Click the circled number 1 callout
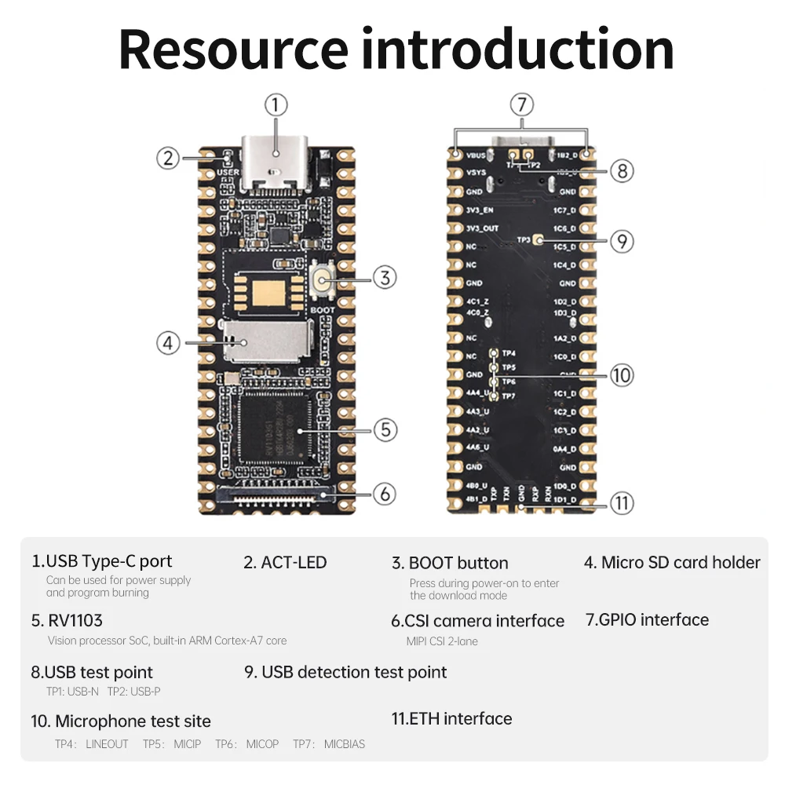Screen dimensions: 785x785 [x=276, y=104]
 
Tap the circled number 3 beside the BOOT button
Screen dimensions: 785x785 [x=385, y=277]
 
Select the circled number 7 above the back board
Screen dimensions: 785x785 [x=521, y=104]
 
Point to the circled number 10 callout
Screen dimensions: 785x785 [x=621, y=375]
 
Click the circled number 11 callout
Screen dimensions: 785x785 [x=621, y=503]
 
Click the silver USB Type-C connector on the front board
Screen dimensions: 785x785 [x=274, y=164]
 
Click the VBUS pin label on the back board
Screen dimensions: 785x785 [x=476, y=155]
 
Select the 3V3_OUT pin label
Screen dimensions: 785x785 [x=482, y=228]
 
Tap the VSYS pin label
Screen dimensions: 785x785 [x=476, y=173]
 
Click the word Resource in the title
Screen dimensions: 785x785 [x=233, y=49]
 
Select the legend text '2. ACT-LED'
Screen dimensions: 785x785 [x=285, y=562]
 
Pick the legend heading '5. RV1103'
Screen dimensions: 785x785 [x=67, y=620]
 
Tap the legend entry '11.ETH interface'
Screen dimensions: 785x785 [x=451, y=718]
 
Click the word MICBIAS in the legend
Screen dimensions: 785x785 [x=345, y=744]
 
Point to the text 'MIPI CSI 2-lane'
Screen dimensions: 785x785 [x=442, y=641]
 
